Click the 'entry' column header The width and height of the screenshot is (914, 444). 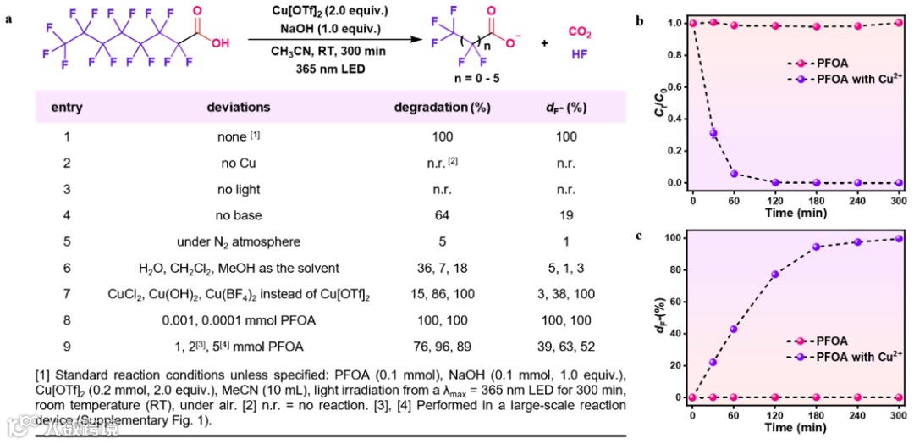click(x=67, y=108)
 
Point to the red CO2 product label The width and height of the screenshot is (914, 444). click(x=580, y=32)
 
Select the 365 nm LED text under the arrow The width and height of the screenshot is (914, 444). click(x=331, y=69)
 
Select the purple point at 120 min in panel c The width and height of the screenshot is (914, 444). click(x=775, y=275)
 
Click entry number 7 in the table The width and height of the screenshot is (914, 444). click(x=67, y=294)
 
